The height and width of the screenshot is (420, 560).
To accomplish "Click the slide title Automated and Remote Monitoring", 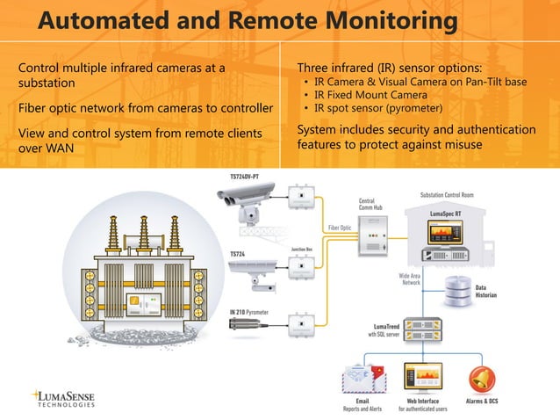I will [248, 21].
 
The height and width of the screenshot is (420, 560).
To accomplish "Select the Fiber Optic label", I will [340, 228].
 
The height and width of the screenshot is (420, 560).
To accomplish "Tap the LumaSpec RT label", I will [447, 213].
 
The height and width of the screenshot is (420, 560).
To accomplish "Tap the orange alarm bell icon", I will [481, 378].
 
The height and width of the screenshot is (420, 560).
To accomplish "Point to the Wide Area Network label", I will [410, 279].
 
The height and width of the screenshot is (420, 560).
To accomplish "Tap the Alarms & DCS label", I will [482, 402].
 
